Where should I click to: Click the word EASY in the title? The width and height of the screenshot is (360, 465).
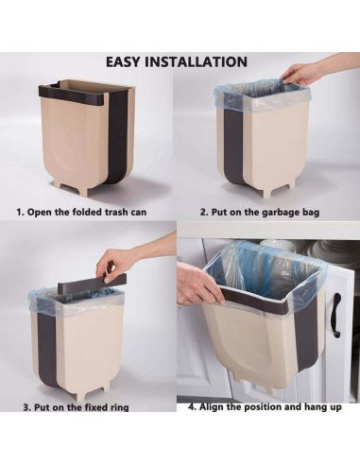pos(123,61)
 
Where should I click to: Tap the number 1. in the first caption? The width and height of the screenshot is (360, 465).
pos(21,212)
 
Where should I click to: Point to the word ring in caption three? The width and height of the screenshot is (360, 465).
pos(119,407)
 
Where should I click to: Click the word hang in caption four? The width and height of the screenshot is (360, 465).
pos(315,407)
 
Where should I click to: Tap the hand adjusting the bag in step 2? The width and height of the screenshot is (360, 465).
pos(305,73)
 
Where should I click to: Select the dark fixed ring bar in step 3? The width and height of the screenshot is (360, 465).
pos(92,283)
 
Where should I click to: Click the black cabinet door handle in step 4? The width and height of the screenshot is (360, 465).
pos(337,316)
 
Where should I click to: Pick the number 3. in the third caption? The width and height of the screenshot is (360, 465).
pos(27,407)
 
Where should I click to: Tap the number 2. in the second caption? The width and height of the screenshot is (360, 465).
pos(204,212)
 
